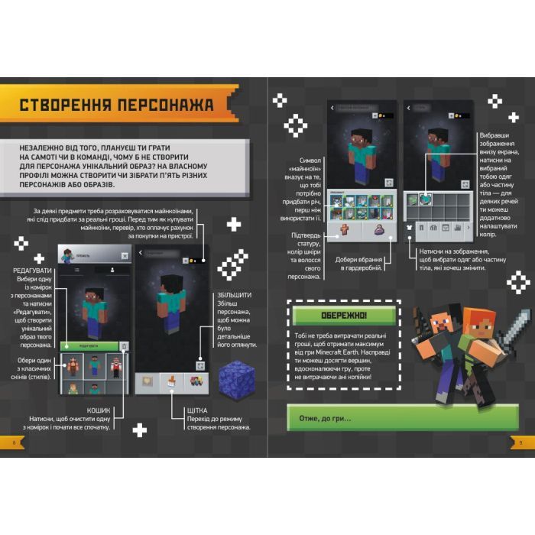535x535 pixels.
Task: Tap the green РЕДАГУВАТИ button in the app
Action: click(x=90, y=345)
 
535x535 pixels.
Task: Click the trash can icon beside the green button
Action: click(x=125, y=346)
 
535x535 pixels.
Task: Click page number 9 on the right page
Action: click(x=520, y=443)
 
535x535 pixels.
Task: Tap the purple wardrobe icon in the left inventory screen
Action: click(x=378, y=228)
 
